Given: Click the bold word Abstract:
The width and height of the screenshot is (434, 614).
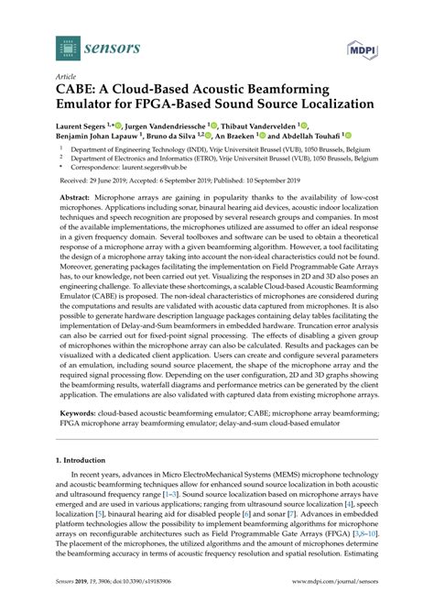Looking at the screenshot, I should coord(81,198).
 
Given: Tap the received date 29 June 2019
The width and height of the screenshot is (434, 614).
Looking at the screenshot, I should coord(127,183).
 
